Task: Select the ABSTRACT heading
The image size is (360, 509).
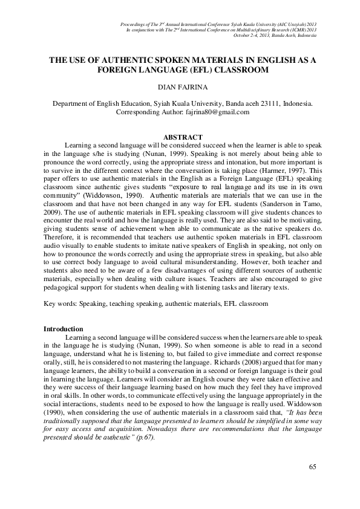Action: point(180,138)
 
